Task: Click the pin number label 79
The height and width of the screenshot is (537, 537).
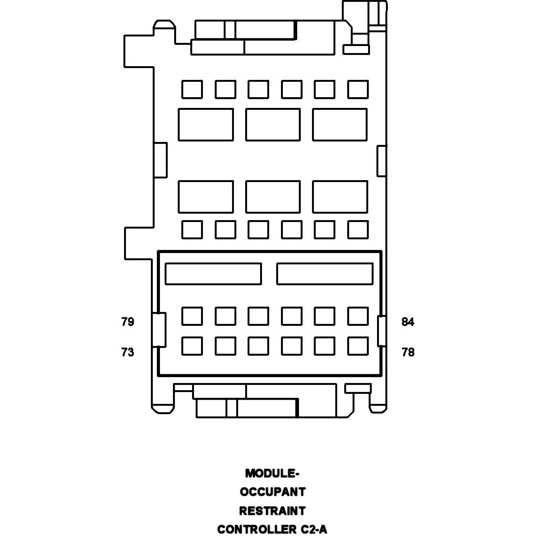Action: pos(128,322)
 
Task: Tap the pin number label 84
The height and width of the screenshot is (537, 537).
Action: pos(408,322)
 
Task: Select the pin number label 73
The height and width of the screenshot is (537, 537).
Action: pos(128,352)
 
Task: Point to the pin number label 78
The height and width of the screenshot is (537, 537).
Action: pos(408,352)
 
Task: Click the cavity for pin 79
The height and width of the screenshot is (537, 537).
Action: pos(192,316)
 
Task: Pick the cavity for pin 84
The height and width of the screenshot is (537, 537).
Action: pos(358,316)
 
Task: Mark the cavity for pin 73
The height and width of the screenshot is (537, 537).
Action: pos(192,346)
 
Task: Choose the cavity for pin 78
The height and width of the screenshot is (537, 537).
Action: pos(358,346)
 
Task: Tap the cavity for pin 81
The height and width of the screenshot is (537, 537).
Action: pos(258,316)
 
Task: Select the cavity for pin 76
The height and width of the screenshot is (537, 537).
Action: pos(292,346)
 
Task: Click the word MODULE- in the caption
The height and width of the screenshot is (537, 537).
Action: pos(272,474)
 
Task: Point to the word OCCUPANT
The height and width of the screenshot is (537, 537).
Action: pos(273,492)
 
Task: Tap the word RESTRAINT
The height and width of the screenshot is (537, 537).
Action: pos(272,511)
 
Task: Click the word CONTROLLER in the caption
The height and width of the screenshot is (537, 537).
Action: pos(257,529)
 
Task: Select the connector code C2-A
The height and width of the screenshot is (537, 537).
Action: pos(314,529)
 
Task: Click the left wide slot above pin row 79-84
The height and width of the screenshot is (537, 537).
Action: pos(214,274)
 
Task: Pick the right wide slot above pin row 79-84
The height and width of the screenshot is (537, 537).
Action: pos(325,274)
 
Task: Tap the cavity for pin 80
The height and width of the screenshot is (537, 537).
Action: pos(226,316)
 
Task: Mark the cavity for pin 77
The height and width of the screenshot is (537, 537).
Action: pos(325,346)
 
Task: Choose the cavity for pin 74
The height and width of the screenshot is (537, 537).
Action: pos(226,346)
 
